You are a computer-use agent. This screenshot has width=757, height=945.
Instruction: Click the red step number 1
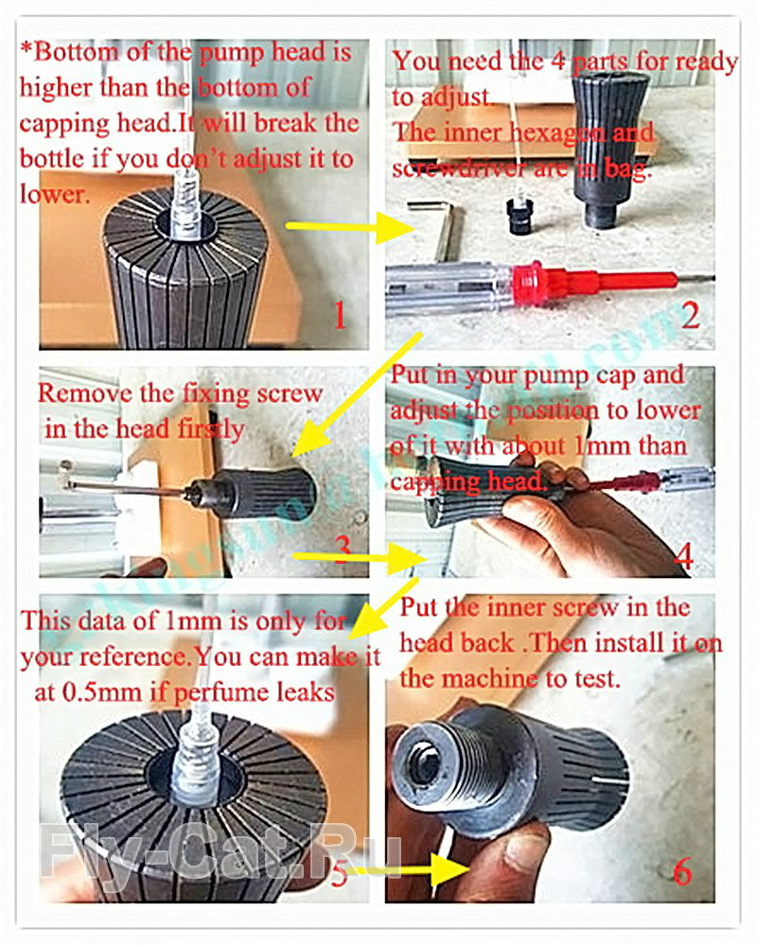pos(340,315)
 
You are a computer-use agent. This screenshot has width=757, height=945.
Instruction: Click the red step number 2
pos(691,315)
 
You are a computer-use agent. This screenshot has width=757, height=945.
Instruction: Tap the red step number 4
pos(683,555)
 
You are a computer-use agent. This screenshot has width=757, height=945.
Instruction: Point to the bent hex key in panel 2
pos(437,230)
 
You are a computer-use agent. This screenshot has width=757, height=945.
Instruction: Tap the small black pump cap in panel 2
pos(519,217)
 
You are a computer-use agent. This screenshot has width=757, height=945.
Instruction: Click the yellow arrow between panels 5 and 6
pos(410,869)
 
